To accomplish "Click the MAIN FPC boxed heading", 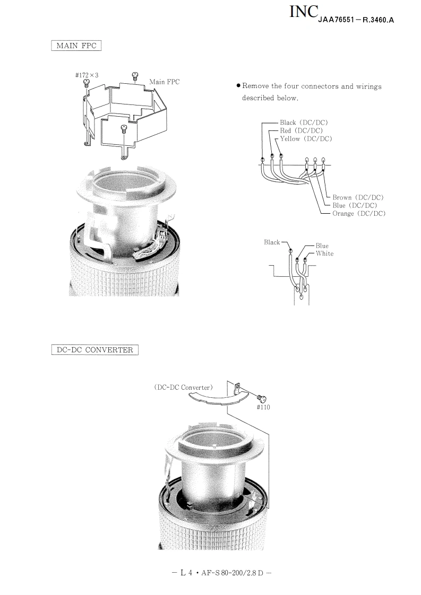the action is [76, 46].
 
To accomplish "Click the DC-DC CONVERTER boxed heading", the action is [94, 350].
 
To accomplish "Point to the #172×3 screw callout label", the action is [87, 75].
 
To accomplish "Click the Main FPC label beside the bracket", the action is [165, 82].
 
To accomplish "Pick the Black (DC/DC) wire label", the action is [304, 122].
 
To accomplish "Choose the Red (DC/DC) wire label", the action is [302, 130].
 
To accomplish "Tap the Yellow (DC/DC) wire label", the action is [306, 139].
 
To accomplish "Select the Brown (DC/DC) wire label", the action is [358, 197].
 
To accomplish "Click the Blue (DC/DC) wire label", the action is [355, 205].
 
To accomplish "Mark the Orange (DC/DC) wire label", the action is [359, 214].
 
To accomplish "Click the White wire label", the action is [324, 253].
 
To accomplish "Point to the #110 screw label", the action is [263, 407].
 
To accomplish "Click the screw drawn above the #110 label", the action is [262, 398].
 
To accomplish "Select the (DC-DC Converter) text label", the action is [183, 388].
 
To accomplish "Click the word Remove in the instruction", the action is [255, 86].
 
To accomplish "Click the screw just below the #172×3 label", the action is [87, 82].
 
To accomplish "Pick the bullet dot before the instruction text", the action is [238, 86].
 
